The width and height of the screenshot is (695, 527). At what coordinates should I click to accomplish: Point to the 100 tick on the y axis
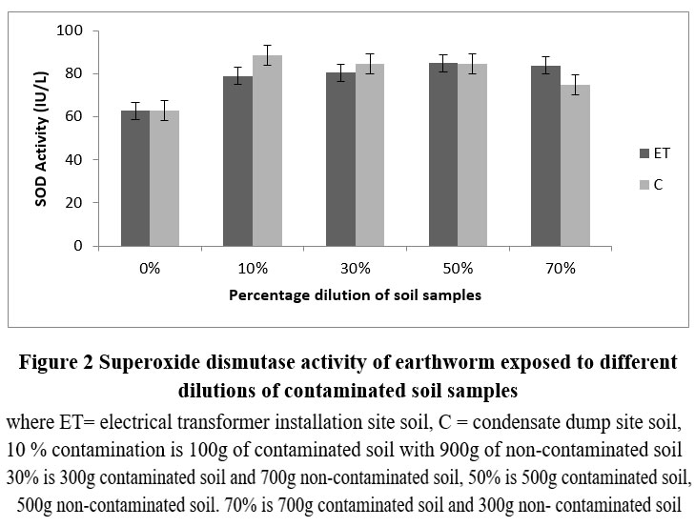(72, 31)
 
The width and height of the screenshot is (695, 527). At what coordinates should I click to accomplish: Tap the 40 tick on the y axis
(76, 160)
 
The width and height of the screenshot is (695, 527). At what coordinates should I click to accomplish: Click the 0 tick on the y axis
(80, 246)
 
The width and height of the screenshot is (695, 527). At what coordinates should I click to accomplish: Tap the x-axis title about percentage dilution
(355, 295)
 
